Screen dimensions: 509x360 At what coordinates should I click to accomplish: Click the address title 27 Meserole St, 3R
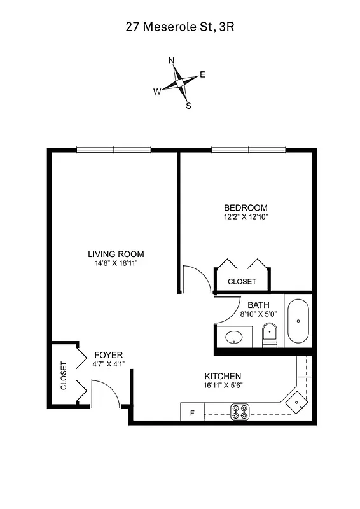click(x=179, y=27)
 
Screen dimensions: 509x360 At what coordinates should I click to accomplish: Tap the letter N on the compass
click(x=171, y=60)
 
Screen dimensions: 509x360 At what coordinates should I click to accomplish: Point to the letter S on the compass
click(x=188, y=106)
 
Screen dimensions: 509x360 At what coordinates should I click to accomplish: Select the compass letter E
click(x=202, y=74)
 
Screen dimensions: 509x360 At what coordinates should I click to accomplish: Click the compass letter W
click(x=156, y=92)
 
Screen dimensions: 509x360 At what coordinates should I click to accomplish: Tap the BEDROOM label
click(x=246, y=207)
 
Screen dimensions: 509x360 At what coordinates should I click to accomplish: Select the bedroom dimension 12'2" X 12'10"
click(x=246, y=217)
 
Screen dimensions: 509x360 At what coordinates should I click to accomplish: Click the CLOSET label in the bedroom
click(x=242, y=281)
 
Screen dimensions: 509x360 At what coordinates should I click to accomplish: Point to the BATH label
click(x=258, y=305)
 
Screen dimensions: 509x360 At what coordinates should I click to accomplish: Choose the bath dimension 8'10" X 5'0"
click(x=258, y=314)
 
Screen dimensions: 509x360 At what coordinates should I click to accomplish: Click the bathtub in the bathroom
click(x=298, y=322)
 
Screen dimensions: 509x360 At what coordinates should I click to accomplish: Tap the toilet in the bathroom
click(x=270, y=334)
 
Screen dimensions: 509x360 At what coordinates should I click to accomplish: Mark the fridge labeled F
click(x=192, y=413)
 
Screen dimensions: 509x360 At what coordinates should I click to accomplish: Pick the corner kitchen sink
click(x=296, y=402)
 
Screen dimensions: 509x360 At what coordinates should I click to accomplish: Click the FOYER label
click(x=108, y=355)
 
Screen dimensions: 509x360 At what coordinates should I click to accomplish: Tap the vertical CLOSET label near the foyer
click(x=63, y=375)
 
